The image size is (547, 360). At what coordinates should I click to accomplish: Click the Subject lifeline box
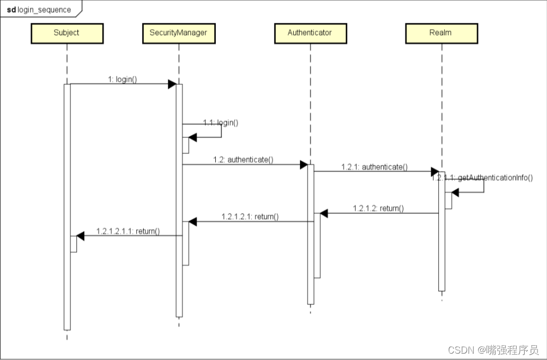[66, 33]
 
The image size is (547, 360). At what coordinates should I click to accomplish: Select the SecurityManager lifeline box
[179, 33]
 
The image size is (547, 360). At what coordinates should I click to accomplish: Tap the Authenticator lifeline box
[310, 33]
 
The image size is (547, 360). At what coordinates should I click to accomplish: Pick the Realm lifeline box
[440, 33]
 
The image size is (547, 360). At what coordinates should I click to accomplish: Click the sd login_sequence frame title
[38, 10]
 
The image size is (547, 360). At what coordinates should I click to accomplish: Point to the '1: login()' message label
[122, 79]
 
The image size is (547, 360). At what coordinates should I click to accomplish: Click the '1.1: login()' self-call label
[220, 122]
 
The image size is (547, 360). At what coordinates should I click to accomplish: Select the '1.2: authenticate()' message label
[243, 159]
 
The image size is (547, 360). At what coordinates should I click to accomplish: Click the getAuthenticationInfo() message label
[482, 178]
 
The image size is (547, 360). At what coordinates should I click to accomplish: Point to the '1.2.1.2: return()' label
[378, 208]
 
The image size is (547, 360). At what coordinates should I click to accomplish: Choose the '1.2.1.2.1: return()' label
[250, 216]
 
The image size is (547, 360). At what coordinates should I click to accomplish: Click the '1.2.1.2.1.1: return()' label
[128, 231]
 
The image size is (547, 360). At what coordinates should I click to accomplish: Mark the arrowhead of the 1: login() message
[172, 84]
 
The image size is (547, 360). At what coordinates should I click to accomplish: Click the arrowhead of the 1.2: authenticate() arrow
[304, 165]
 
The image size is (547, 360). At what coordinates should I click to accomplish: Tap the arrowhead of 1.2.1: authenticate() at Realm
[434, 172]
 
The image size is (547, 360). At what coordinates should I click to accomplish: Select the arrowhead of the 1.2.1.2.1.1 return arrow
[80, 236]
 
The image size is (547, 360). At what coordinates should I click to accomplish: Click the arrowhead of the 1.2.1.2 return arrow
[324, 213]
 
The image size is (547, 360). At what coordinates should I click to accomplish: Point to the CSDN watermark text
[493, 350]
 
